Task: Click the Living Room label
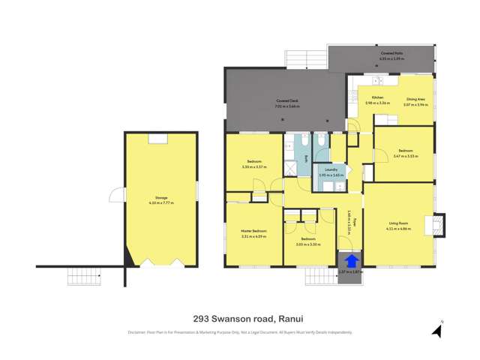tap(398, 223)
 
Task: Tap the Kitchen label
tap(374, 97)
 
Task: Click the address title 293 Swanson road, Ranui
tap(239, 317)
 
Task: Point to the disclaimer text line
tap(239, 332)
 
